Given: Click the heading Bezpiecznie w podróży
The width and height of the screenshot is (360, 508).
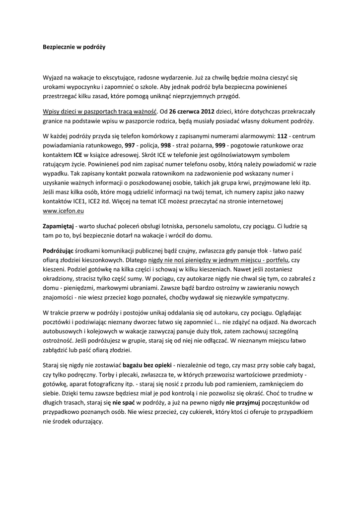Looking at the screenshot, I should pyautogui.click(x=74, y=48).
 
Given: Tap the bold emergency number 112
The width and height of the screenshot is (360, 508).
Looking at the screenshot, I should pyautogui.click(x=282, y=135).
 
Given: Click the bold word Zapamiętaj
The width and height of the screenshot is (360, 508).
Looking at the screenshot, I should pyautogui.click(x=59, y=226).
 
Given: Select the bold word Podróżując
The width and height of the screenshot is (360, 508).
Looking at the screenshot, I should pyautogui.click(x=58, y=250).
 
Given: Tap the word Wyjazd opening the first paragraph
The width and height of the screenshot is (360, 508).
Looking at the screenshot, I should pyautogui.click(x=55, y=78).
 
